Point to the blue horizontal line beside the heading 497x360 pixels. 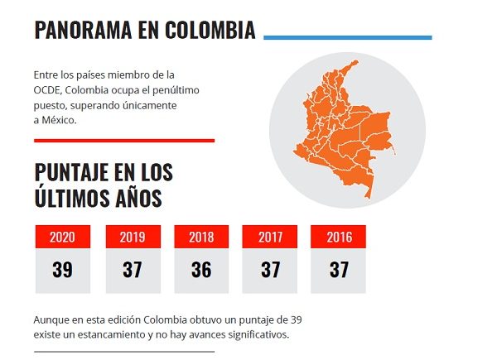tap(347, 37)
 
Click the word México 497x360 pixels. tap(59, 120)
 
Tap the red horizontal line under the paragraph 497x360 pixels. tap(124, 141)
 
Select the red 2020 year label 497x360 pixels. tap(62, 238)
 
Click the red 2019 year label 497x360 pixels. tap(133, 238)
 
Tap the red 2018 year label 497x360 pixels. tap(201, 238)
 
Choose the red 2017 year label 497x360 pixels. tap(270, 238)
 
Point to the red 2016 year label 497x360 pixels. tap(339, 238)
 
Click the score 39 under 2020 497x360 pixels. tap(62, 270)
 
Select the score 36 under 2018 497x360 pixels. tap(201, 270)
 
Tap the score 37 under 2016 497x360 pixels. tap(339, 270)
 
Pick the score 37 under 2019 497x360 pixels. tap(133, 270)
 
